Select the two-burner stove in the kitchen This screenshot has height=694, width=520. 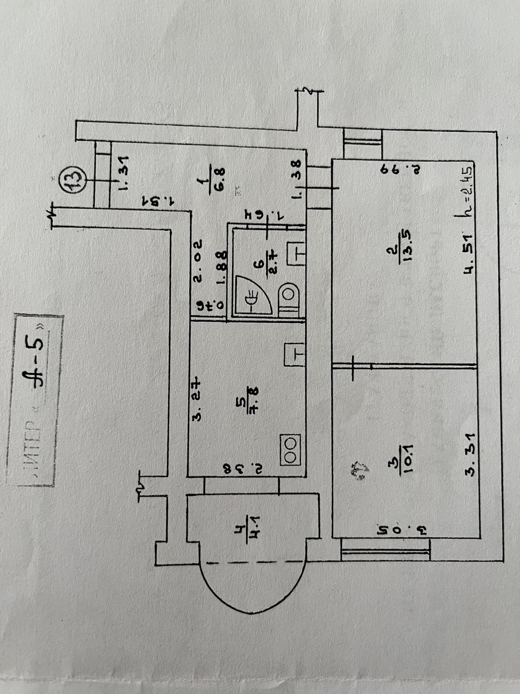pyautogui.click(x=290, y=449)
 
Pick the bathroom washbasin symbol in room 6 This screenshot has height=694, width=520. pyautogui.click(x=295, y=254)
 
